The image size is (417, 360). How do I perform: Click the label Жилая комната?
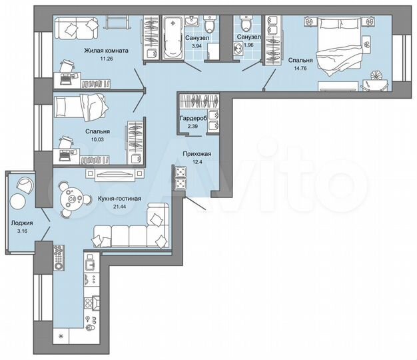[x=106, y=50]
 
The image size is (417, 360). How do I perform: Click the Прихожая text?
[x=197, y=154]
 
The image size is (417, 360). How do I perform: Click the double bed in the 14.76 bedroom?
[x=341, y=47]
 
